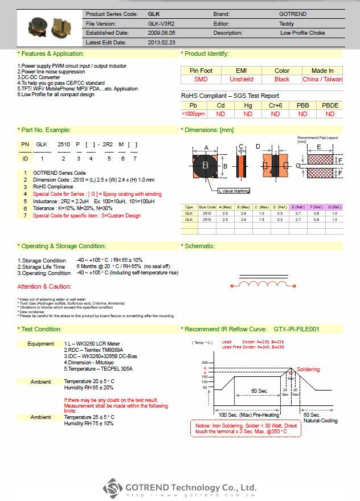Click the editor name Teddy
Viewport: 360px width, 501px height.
(287, 23)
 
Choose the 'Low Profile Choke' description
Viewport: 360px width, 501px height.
(302, 33)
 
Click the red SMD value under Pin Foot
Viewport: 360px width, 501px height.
(201, 80)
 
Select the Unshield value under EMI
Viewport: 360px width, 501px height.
(241, 80)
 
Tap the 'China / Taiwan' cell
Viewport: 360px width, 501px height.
(322, 80)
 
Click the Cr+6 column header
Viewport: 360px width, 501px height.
(275, 105)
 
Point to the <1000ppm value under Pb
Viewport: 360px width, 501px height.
(193, 114)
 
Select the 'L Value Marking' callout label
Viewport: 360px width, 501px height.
(234, 191)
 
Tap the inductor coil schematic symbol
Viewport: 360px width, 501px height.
(256, 283)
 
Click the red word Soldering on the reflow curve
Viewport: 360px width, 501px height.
(308, 369)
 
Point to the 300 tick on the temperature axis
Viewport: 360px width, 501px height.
(205, 362)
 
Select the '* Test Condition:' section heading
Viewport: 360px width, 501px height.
(39, 329)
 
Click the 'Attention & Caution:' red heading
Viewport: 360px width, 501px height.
(44, 286)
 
